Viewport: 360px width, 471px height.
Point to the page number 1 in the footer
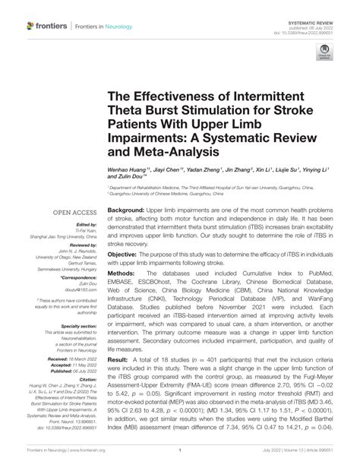tap(179, 450)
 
